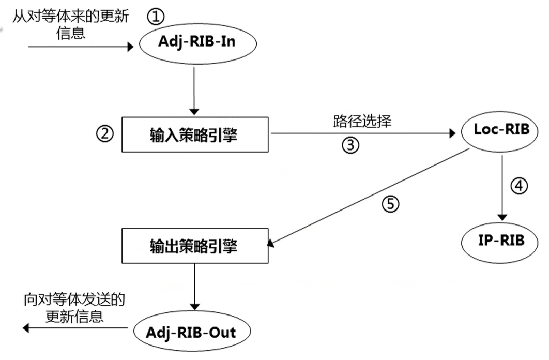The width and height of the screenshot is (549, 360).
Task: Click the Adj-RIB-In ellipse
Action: (x=198, y=42)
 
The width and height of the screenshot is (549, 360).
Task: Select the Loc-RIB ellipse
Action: (x=501, y=130)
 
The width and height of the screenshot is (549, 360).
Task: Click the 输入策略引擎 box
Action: (x=195, y=134)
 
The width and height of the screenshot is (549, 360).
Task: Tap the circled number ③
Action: (x=349, y=145)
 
